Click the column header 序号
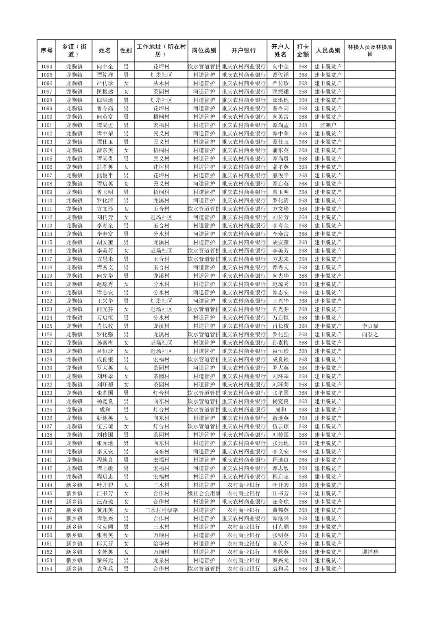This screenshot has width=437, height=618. (x=46, y=51)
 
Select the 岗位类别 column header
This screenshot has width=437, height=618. (x=204, y=51)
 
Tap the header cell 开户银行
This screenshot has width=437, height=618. (x=243, y=51)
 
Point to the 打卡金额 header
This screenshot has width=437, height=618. (x=302, y=51)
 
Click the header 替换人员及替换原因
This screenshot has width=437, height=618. (x=369, y=51)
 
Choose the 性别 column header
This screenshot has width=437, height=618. (x=126, y=51)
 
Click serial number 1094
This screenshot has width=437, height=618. (x=46, y=67)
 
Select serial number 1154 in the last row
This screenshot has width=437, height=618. (x=46, y=569)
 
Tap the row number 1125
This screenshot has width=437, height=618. (x=46, y=326)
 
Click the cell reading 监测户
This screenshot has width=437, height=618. (x=328, y=125)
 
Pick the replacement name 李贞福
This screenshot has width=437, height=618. (x=369, y=326)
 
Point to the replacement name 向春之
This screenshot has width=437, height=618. (x=369, y=334)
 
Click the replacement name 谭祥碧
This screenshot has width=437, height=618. (x=369, y=552)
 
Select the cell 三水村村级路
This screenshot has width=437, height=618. (x=161, y=510)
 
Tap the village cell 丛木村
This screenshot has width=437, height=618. (x=161, y=83)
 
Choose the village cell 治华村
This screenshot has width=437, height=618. (x=161, y=544)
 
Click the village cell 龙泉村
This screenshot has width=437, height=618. (x=161, y=560)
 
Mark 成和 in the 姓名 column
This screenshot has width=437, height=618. (x=105, y=410)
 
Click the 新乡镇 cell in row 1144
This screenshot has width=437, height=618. (x=74, y=485)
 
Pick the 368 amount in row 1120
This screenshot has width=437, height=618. (x=302, y=284)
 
